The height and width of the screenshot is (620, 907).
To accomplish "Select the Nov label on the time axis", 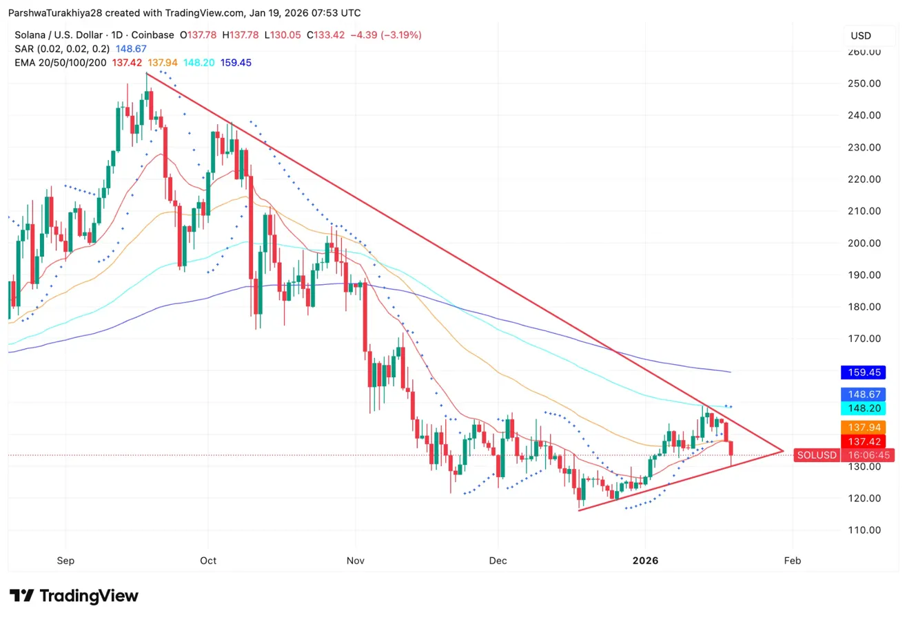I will pyautogui.click(x=356, y=561).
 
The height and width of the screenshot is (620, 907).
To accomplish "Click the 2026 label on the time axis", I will pyautogui.click(x=645, y=561).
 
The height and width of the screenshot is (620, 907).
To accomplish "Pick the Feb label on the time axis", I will pyautogui.click(x=793, y=561).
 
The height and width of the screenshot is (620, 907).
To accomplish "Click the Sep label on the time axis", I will pyautogui.click(x=65, y=561).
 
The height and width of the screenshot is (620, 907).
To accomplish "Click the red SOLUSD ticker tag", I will pyautogui.click(x=816, y=455).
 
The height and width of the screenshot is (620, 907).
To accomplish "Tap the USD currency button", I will pyautogui.click(x=861, y=35).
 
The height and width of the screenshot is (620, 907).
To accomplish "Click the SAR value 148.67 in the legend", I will pyautogui.click(x=134, y=49).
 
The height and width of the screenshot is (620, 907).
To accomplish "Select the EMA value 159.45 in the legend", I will pyautogui.click(x=236, y=63).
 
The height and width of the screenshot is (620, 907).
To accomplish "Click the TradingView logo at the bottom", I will pyautogui.click(x=74, y=596).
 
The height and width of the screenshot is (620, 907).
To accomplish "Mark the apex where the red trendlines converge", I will pyautogui.click(x=784, y=451).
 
